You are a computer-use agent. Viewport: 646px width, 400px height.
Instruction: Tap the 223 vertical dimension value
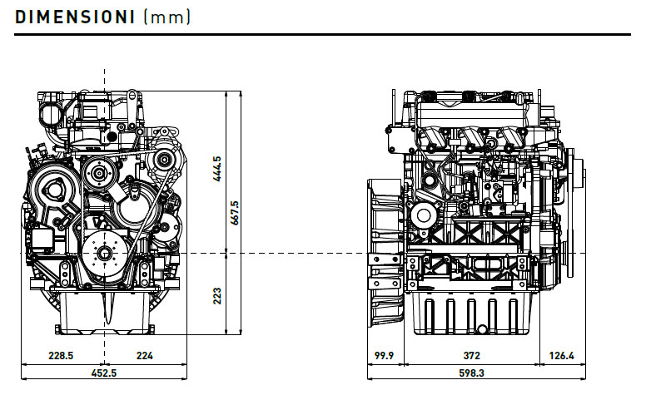coord(217,294)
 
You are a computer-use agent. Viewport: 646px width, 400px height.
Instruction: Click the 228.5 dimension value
coord(61,355)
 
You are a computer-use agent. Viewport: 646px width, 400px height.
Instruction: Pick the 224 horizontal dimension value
coord(144,355)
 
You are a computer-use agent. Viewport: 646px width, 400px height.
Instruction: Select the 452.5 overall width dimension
coord(103,373)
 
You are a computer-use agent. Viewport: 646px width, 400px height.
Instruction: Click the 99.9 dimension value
coord(384,355)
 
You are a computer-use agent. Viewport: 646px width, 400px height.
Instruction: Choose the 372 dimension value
coord(471,355)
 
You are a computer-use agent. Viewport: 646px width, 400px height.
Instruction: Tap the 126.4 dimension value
coord(562,355)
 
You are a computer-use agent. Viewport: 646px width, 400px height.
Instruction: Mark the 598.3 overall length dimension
coord(471,373)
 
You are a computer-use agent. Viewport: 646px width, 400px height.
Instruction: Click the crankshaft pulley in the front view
coord(106,252)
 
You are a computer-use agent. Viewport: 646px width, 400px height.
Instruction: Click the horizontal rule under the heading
coord(323,35)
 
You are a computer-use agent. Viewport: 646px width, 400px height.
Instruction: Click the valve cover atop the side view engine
coord(471,108)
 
